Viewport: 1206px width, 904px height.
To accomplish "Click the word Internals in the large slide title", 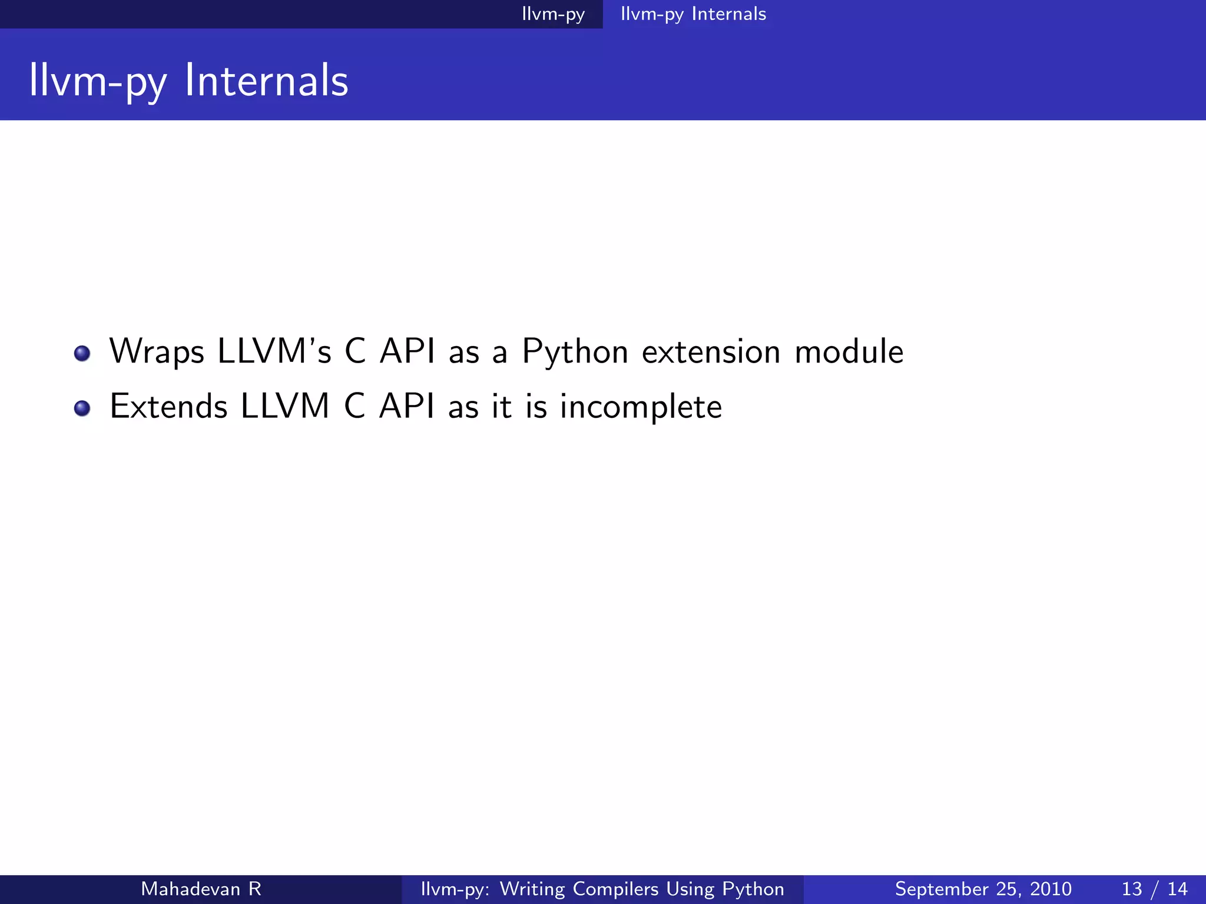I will pos(266,81).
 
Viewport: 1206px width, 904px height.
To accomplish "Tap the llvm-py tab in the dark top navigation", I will pos(553,14).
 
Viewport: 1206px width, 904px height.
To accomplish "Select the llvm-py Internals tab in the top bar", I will pos(693,14).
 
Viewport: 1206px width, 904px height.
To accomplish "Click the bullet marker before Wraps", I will pos(82,353).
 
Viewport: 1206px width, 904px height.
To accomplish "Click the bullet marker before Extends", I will pos(82,408).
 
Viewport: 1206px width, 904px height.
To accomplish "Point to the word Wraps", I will pos(157,352).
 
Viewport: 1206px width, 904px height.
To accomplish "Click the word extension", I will pos(711,352).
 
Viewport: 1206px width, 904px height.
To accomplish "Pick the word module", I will pos(849,352).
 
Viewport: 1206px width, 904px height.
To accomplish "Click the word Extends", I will pos(168,407).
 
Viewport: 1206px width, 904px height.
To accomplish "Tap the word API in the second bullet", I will pos(407,407).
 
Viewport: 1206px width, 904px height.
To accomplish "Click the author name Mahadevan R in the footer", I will pos(201,889).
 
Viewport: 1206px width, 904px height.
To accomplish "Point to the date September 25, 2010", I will pos(983,889).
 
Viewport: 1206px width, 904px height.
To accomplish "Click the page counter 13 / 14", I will pos(1154,889).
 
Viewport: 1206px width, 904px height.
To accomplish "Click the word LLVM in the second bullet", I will pos(284,407).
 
